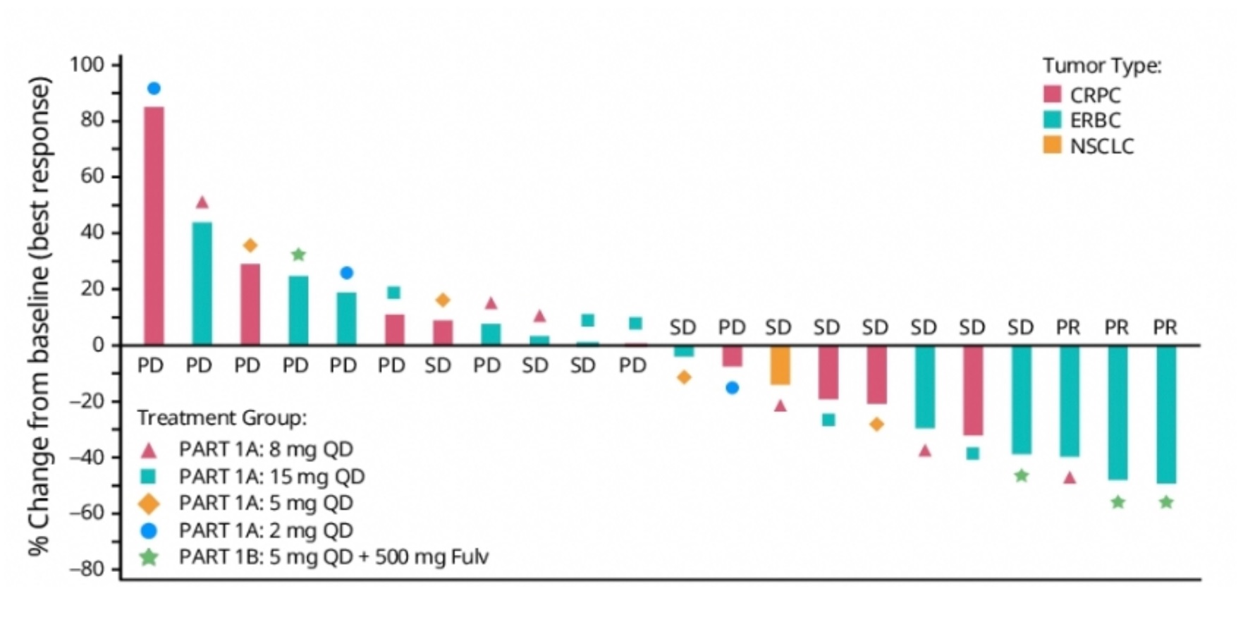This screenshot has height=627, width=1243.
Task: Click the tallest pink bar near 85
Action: (x=154, y=226)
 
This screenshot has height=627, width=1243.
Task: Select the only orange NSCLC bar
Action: (x=780, y=365)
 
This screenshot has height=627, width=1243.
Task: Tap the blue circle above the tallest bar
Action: (x=154, y=88)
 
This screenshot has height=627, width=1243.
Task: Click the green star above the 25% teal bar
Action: (x=298, y=255)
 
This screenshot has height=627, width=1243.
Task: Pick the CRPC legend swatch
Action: (x=1052, y=95)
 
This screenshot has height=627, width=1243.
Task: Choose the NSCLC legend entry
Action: (x=1101, y=147)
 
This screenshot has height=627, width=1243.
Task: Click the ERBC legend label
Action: (x=1095, y=121)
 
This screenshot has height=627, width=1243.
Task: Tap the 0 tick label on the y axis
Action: (x=97, y=345)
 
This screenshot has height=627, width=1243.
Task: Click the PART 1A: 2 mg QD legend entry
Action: (x=266, y=530)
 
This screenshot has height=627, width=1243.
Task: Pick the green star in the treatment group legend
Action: (x=149, y=557)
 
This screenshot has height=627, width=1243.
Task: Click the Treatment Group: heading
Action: (x=222, y=418)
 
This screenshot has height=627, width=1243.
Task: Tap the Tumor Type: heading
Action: (x=1101, y=66)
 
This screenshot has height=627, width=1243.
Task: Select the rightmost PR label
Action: (x=1165, y=327)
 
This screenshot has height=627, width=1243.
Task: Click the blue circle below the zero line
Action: (x=732, y=388)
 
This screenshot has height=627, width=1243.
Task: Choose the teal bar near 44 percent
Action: (x=202, y=284)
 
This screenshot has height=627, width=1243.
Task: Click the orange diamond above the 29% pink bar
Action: (x=250, y=245)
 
